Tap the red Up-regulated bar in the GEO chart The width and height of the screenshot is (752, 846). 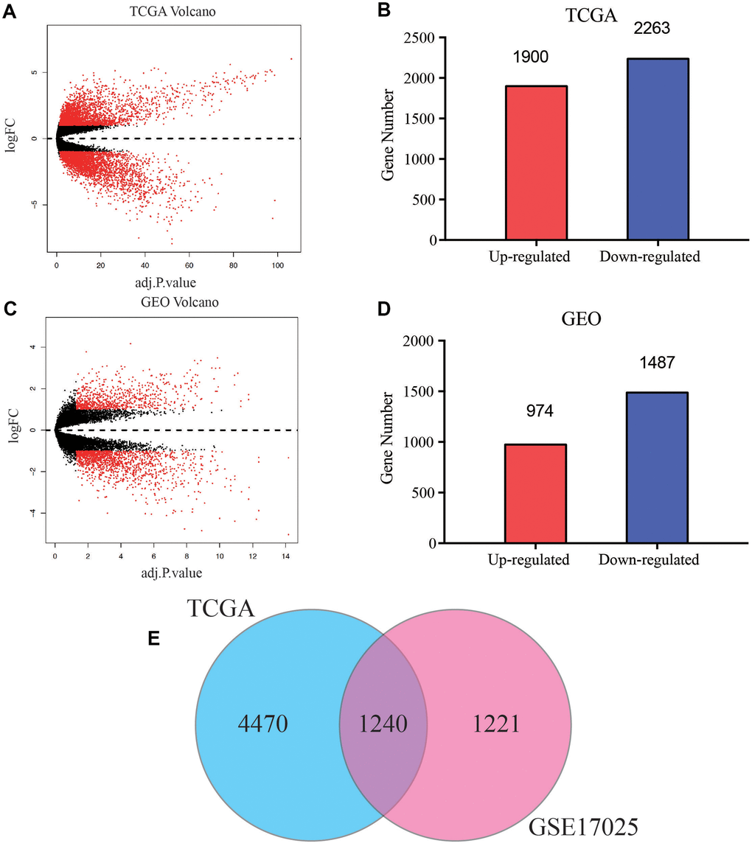click(536, 493)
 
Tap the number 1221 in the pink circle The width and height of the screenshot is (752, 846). click(495, 725)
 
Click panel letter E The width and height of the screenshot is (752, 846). click(154, 637)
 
